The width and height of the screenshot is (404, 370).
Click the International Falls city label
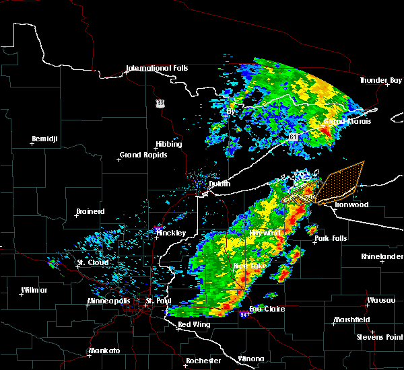click(157, 68)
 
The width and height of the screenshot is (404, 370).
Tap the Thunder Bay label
click(380, 81)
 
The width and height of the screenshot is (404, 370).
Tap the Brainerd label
click(90, 211)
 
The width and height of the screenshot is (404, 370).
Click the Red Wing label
click(193, 324)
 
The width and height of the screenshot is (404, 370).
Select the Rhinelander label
click(380, 256)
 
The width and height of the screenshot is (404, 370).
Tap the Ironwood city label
click(351, 205)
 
